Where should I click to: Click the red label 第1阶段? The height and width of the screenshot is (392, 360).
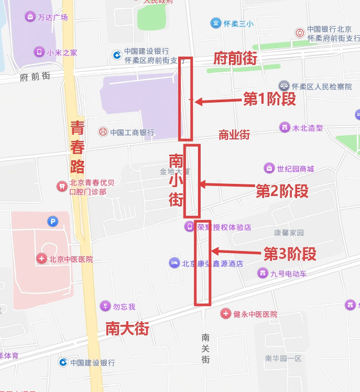coord(270,99)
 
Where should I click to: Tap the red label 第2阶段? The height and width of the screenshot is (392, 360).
coord(282,191)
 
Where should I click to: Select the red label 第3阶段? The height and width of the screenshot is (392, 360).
coord(290,254)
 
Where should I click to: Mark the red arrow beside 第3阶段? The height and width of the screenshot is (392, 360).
coord(233,252)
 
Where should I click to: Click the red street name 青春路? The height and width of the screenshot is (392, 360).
coord(77,147)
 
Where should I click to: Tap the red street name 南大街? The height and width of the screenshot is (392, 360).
coord(127,329)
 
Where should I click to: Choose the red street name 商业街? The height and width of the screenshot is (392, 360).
coord(234,135)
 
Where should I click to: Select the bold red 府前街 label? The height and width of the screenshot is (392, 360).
coord(236,59)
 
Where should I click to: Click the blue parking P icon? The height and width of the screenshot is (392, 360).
coord(52,222)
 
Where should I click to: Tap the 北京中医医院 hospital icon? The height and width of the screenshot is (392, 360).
coord(41,259)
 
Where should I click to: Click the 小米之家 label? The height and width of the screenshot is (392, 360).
coord(62,52)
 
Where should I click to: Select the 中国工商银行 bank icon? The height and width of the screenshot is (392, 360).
coord(103,132)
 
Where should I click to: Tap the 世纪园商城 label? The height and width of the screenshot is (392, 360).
coord(296,168)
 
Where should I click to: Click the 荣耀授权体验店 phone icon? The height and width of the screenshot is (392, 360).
coord(189,227)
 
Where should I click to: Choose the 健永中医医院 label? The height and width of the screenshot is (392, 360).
coord(255,314)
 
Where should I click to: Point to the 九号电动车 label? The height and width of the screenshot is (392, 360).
coord(289,273)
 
